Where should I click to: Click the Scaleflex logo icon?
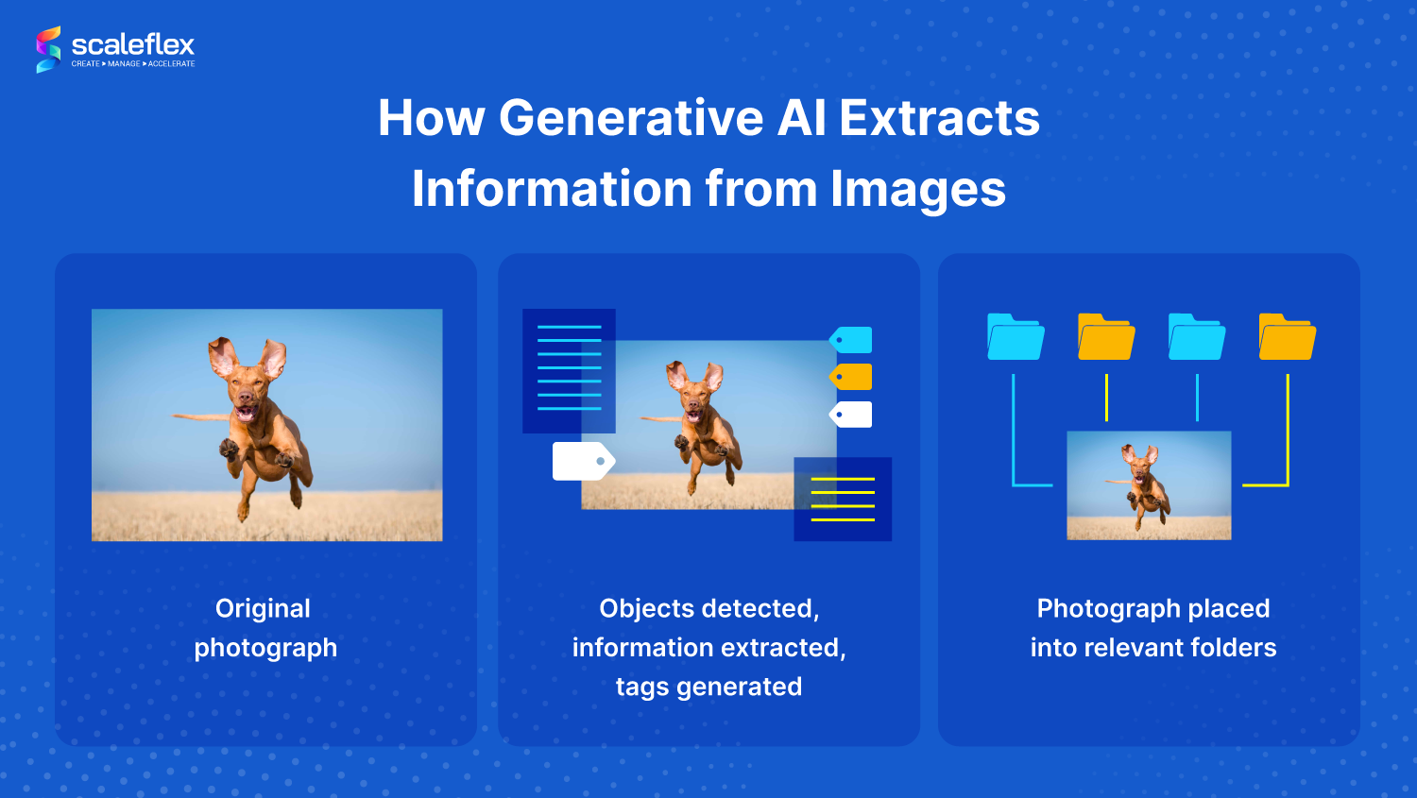click(x=48, y=49)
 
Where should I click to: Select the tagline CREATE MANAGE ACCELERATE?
click(x=133, y=64)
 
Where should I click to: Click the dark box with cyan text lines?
click(x=569, y=369)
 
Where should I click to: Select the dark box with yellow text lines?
click(x=843, y=499)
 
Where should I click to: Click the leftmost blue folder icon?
click(x=1016, y=337)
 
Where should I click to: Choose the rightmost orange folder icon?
click(x=1287, y=337)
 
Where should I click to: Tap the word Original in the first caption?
click(x=263, y=609)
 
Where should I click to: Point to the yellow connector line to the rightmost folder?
click(x=1287, y=434)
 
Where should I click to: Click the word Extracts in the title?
click(x=939, y=119)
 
